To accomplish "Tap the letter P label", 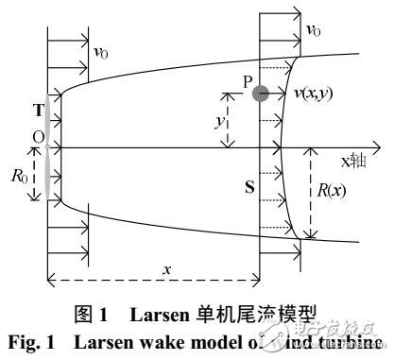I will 247,82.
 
